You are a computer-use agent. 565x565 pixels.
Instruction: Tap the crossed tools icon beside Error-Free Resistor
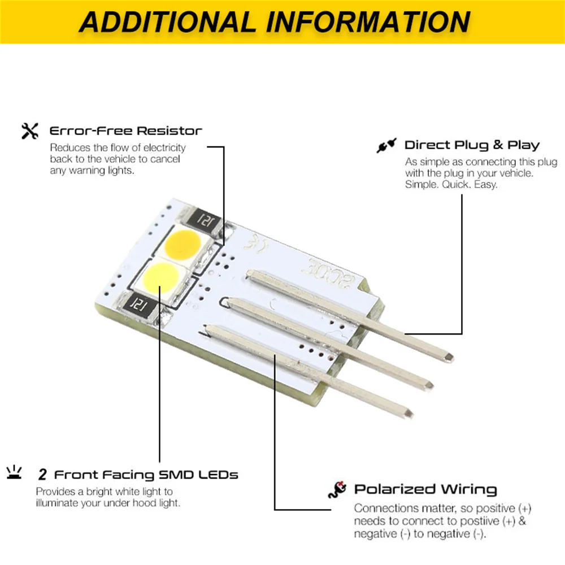tap(29, 131)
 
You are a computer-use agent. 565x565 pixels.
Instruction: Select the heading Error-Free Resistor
tap(125, 131)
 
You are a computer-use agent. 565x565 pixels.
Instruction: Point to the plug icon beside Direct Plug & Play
tap(386, 145)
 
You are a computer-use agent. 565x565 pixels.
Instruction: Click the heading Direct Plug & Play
tap(472, 145)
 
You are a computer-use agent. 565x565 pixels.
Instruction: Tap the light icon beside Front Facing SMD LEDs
tap(14, 472)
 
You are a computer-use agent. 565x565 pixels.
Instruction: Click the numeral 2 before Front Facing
tap(42, 475)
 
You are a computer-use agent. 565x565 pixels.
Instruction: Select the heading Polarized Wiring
tap(425, 489)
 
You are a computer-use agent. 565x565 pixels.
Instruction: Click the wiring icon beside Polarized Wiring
tap(337, 490)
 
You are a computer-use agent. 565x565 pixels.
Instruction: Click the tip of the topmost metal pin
tap(451, 358)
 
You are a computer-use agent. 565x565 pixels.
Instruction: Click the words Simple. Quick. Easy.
tap(451, 185)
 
